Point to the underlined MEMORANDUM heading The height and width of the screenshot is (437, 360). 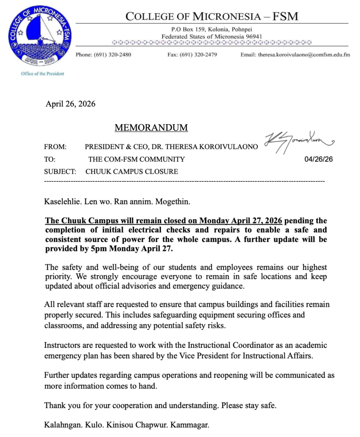151,128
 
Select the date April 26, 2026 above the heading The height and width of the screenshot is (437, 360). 70,104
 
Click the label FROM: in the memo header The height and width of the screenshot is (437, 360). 55,147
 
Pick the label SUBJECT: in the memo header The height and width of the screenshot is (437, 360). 60,172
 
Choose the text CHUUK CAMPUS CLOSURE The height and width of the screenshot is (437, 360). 132,172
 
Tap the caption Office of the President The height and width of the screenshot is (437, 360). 43,74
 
